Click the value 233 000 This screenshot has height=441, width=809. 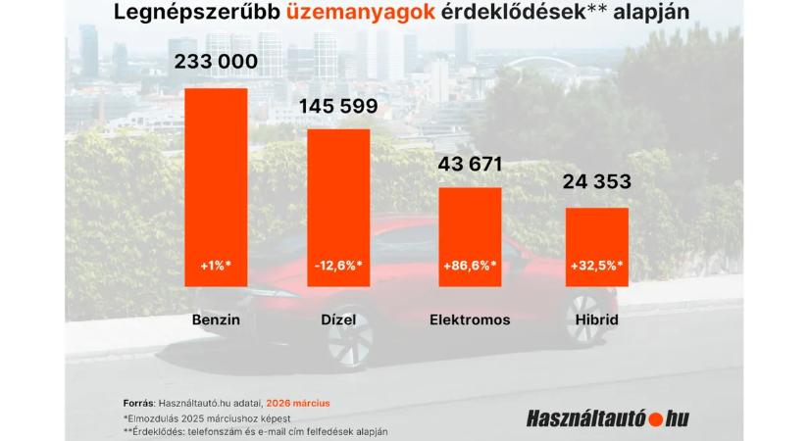click(x=216, y=62)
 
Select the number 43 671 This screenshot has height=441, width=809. click(x=470, y=163)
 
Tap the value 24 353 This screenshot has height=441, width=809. click(x=596, y=183)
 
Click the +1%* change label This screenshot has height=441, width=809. click(x=216, y=265)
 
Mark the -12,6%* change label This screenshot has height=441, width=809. click(x=338, y=265)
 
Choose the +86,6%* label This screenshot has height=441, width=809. click(x=470, y=265)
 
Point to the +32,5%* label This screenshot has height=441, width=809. click(x=596, y=265)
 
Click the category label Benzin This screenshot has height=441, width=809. click(x=216, y=319)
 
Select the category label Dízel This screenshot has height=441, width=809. click(x=338, y=319)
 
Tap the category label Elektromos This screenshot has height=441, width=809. click(x=470, y=319)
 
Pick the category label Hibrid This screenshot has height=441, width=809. click(x=596, y=319)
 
